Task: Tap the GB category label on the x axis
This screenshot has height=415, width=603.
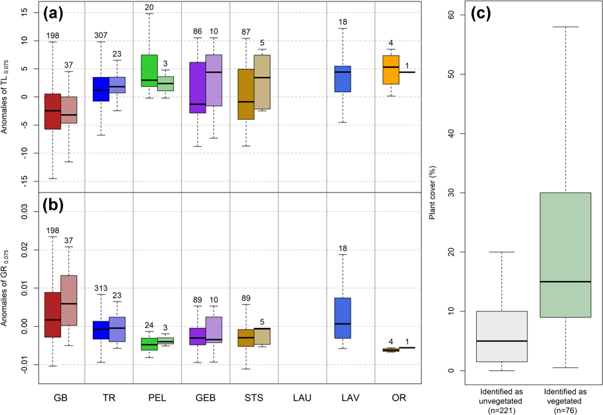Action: (60, 398)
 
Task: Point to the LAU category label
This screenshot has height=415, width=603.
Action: (302, 398)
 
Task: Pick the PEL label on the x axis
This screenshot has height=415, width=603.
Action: (157, 398)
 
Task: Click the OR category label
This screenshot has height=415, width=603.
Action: (398, 398)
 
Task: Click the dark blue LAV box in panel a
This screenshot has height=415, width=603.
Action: (343, 78)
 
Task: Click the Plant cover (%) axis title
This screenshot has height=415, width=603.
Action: (432, 193)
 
